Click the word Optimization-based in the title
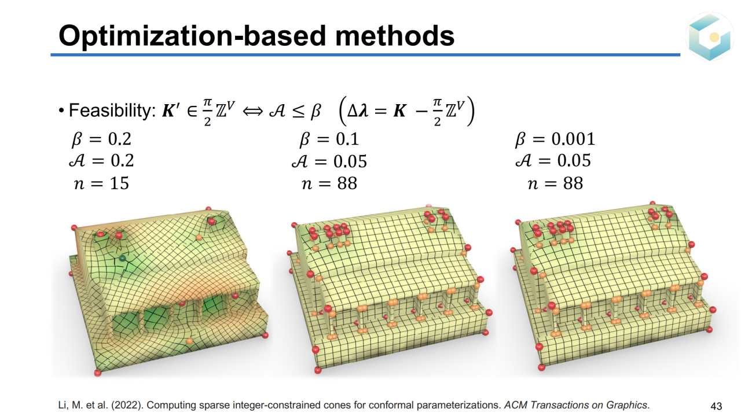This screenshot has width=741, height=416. tap(192, 36)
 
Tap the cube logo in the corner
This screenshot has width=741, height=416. tap(709, 36)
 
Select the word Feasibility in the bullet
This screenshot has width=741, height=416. tap(112, 110)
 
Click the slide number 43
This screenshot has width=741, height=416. tap(716, 406)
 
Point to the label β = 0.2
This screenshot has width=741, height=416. tap(101, 139)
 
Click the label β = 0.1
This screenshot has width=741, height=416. tap(329, 139)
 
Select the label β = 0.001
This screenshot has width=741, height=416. tap(555, 139)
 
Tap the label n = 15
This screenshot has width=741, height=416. tap(101, 183)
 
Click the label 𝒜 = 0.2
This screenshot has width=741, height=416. tap(101, 161)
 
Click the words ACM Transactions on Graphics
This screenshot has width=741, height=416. tap(576, 405)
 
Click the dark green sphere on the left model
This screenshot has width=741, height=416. tap(122, 258)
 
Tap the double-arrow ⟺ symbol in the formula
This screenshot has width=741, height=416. tap(253, 111)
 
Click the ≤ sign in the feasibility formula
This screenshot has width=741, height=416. tap(299, 111)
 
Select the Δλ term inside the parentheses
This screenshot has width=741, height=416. tap(358, 111)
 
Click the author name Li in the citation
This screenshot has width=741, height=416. tap(63, 405)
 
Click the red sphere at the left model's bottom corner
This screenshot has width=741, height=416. tap(98, 373)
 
